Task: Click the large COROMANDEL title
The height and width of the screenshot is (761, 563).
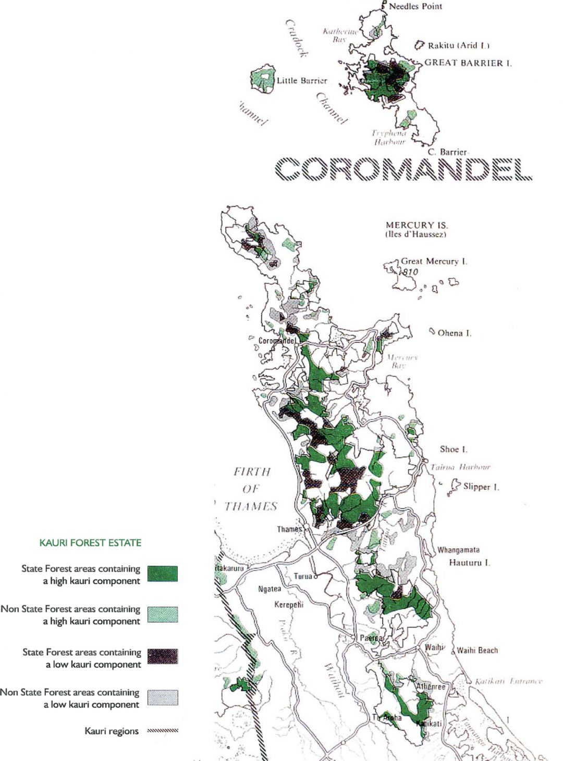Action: click(x=403, y=169)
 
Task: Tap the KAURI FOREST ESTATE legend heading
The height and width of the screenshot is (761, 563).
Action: click(x=90, y=543)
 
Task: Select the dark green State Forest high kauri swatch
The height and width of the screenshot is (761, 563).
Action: click(x=162, y=573)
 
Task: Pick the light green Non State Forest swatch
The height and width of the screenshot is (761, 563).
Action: click(x=162, y=615)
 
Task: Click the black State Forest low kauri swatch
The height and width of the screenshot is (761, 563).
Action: click(x=162, y=656)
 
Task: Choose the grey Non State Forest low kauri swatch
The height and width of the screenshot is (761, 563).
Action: click(x=162, y=697)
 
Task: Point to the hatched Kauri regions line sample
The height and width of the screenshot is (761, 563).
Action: click(x=162, y=731)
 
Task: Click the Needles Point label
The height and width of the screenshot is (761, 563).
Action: click(x=415, y=6)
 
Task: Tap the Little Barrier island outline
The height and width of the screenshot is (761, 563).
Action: click(x=263, y=80)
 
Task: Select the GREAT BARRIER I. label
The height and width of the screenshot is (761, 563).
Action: click(x=468, y=63)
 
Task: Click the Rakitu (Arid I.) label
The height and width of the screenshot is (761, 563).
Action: click(x=458, y=45)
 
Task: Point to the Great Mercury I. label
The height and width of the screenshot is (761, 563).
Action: click(x=434, y=261)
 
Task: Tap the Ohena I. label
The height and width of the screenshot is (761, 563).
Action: click(x=454, y=333)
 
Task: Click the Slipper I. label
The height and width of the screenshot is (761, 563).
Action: click(x=481, y=486)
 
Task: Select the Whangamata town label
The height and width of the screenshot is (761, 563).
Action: click(x=458, y=550)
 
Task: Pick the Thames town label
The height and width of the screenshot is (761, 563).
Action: click(x=289, y=529)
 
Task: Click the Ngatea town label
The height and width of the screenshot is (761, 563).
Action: click(x=270, y=589)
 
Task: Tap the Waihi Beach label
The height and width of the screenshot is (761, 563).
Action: click(x=477, y=650)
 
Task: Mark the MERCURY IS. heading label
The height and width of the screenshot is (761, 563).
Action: click(x=417, y=225)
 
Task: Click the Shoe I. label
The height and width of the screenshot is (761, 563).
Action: click(x=454, y=449)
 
